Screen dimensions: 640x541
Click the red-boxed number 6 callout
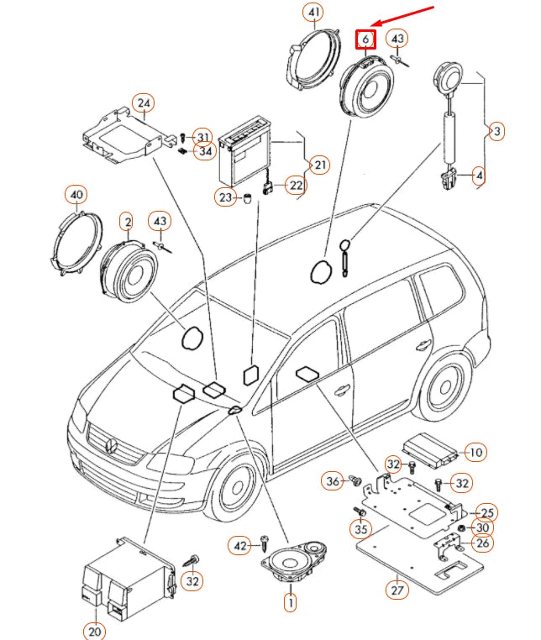pos(365,39)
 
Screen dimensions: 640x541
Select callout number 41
pos(314,13)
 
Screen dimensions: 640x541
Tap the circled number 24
pos(144,104)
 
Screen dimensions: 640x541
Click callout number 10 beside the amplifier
pos(475,452)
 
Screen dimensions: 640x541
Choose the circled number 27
pos(397,590)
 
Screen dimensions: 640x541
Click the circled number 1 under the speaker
pos(290,601)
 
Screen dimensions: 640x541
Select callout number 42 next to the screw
pos(240,546)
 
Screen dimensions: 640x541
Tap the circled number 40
pos(76,196)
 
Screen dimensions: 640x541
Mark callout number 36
pos(333,480)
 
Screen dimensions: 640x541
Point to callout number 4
pos(478,176)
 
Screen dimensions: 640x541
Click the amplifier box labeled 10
pos(428,449)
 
